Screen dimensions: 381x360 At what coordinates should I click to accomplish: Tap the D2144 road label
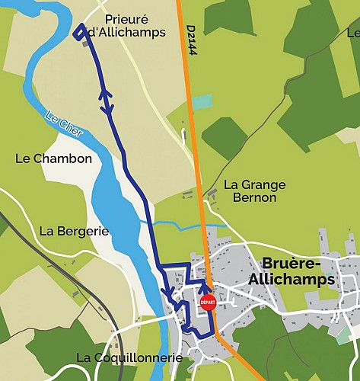point(191,39)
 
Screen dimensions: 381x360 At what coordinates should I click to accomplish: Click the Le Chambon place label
point(53,158)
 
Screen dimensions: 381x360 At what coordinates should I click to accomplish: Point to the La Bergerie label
point(74,231)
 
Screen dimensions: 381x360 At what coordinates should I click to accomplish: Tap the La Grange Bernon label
point(254,190)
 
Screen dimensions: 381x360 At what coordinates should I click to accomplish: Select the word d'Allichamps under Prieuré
point(126,31)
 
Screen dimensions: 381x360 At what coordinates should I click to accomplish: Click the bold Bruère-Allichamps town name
point(298,271)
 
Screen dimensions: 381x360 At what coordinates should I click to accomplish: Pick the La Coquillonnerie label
point(129,357)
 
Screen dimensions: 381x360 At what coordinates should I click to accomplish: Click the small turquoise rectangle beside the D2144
point(202,101)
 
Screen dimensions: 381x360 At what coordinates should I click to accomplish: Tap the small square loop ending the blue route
point(80,31)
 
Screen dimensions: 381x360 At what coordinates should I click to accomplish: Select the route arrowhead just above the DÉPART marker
point(203,287)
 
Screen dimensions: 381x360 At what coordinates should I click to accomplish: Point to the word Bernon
point(254,197)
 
